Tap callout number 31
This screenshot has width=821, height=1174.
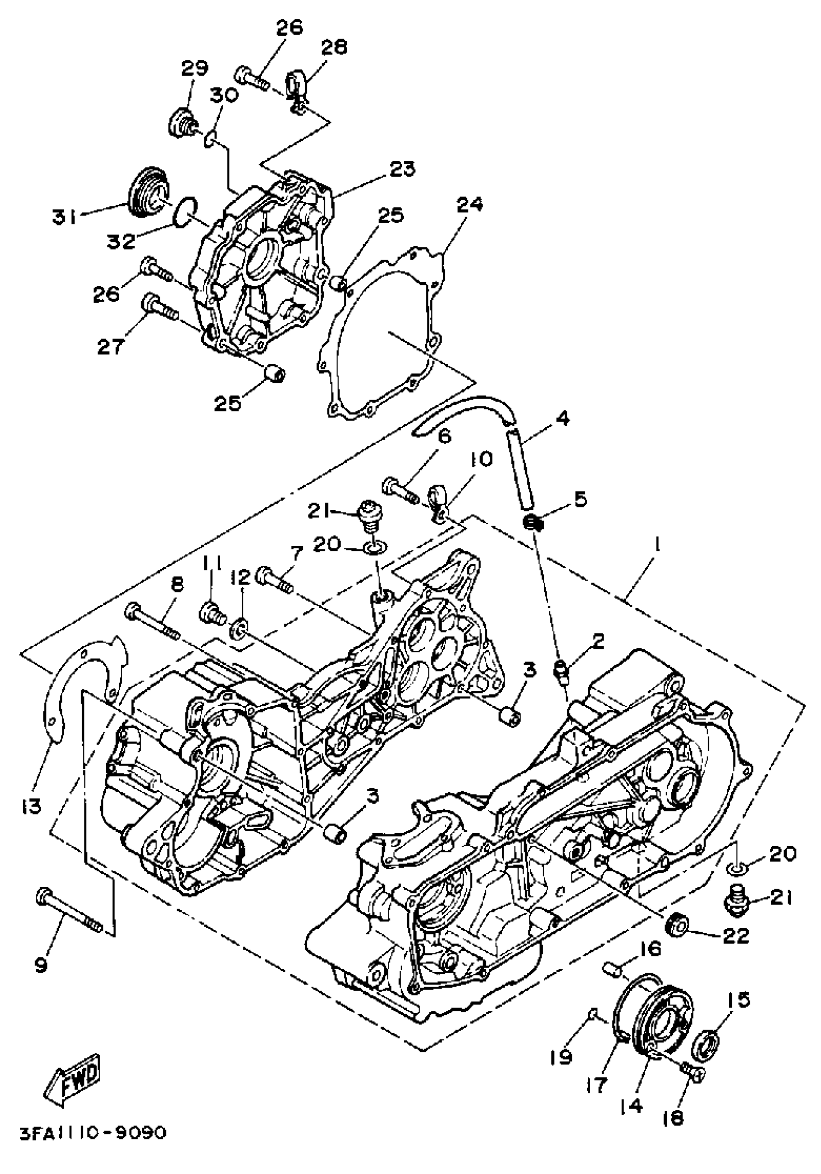click(x=64, y=217)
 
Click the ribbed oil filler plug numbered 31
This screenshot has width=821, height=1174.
click(x=147, y=192)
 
